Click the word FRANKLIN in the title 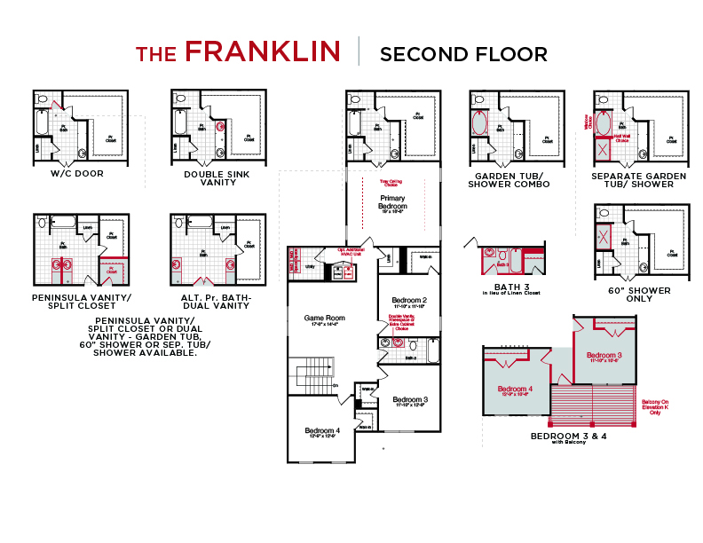coord(263,52)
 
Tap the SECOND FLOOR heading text coord(463,54)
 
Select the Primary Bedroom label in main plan coord(392,202)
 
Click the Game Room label coord(324,318)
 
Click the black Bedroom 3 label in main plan coord(409,399)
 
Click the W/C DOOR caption coord(76,174)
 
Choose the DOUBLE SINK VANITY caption coord(217,178)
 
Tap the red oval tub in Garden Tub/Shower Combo coord(479,123)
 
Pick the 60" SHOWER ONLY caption coord(639,295)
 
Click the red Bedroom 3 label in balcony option coord(604,356)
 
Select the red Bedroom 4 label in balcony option coord(515,390)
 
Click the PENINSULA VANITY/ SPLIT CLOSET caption coord(80,301)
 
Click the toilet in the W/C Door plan coord(41,99)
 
